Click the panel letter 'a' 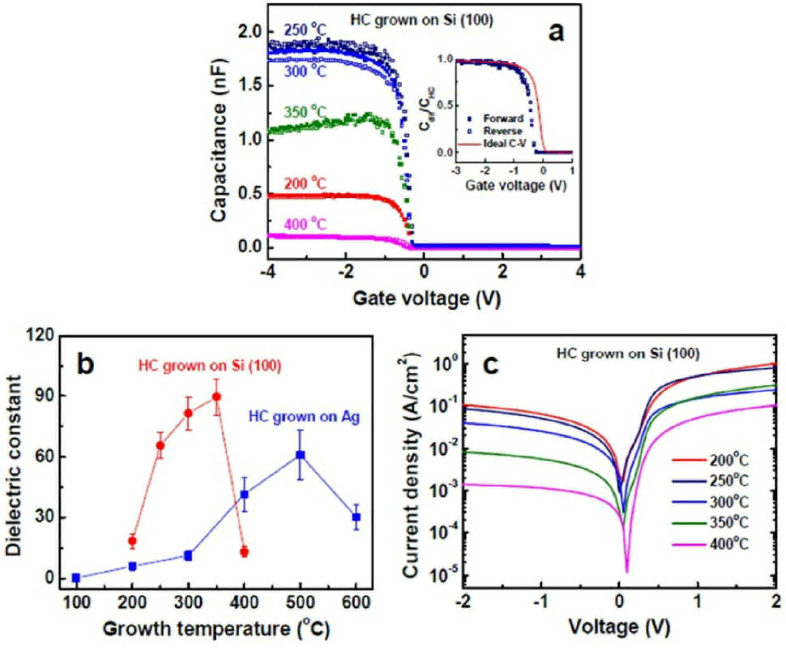(556, 33)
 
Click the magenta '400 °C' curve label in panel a (305, 224)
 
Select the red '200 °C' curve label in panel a (305, 184)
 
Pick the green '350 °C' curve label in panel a (305, 112)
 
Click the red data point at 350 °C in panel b (217, 397)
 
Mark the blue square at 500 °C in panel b (300, 455)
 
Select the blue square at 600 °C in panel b (356, 517)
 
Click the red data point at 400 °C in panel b (244, 552)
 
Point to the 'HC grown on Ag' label (304, 417)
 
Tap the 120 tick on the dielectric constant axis (41, 335)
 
